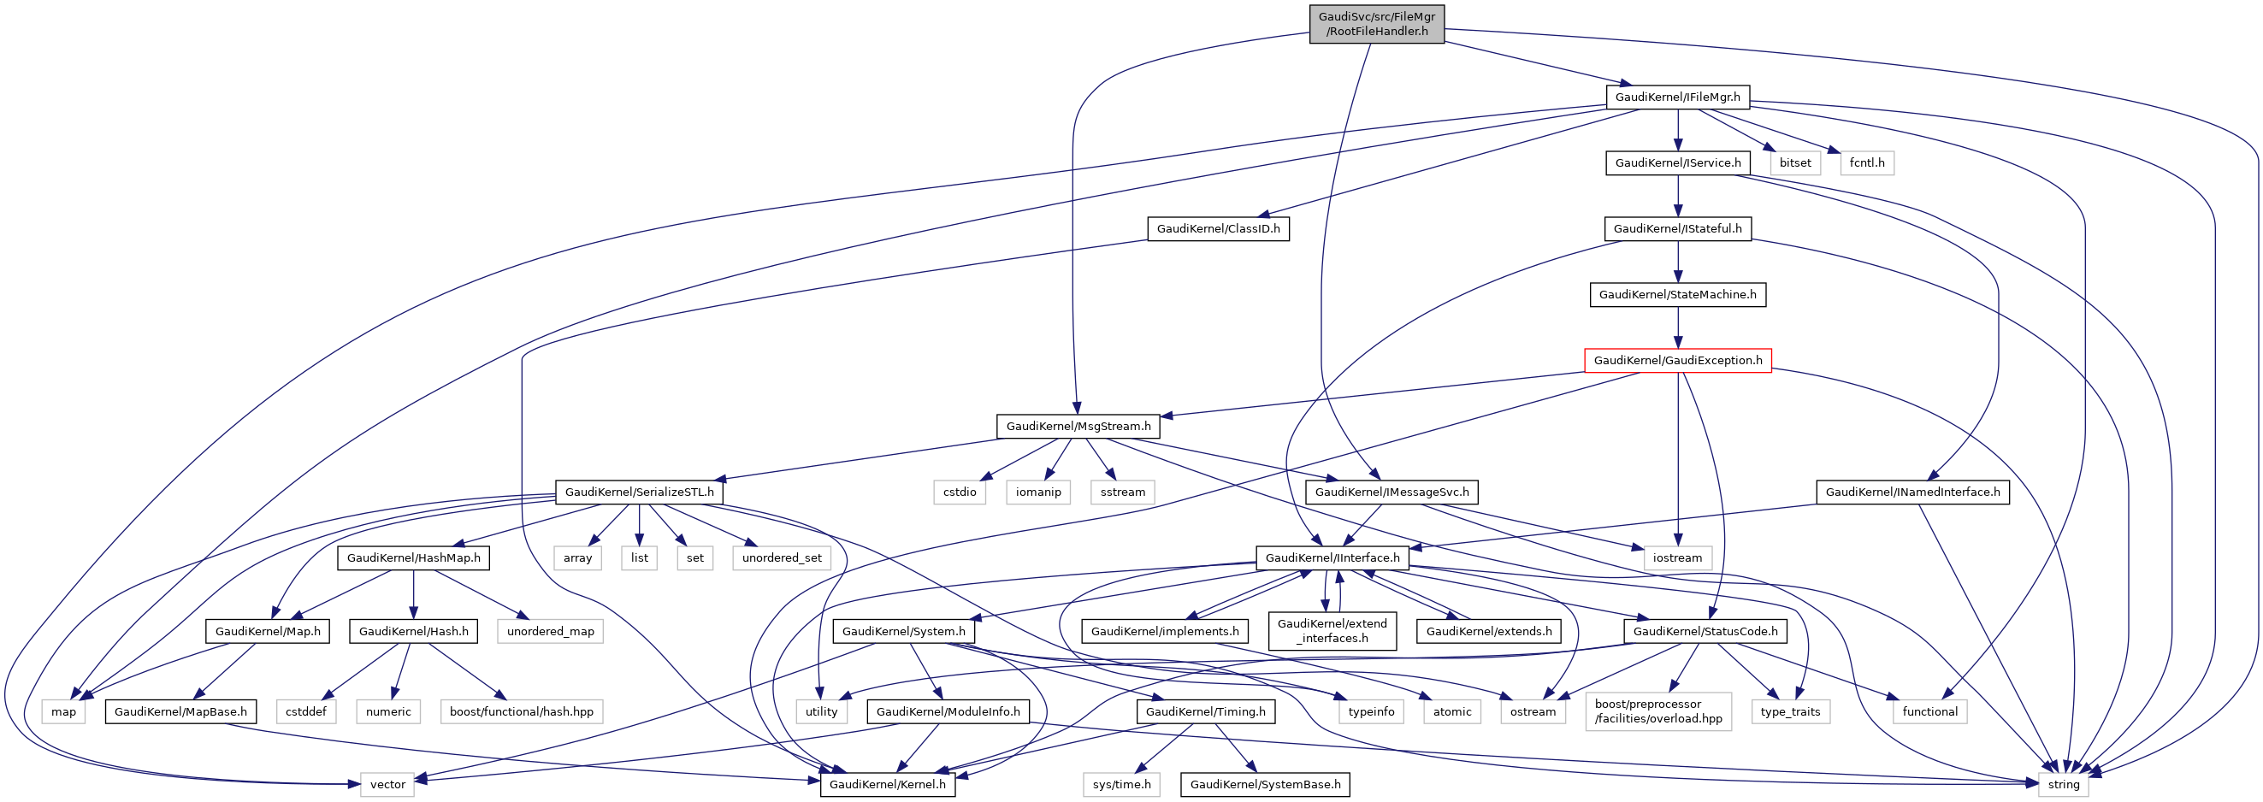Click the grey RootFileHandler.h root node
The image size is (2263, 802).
tap(1377, 24)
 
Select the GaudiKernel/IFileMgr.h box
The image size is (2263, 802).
tap(1677, 97)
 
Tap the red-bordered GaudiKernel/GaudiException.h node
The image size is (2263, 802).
tap(1677, 360)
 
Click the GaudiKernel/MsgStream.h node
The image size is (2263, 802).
tap(1078, 426)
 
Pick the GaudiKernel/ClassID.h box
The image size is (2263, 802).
tap(1218, 228)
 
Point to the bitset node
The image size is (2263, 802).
tap(1795, 162)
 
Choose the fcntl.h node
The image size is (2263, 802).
tap(1867, 162)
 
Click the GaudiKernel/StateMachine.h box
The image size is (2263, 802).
tap(1677, 294)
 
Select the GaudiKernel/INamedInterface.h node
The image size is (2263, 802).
tap(1912, 492)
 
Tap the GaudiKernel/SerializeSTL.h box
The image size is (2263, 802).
tap(640, 492)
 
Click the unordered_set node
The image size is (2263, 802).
tap(782, 557)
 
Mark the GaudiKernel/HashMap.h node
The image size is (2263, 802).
tap(414, 557)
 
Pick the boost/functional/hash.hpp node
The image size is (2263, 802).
tap(521, 711)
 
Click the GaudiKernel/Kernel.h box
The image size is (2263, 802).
tap(887, 784)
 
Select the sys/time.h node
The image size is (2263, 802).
tap(1122, 784)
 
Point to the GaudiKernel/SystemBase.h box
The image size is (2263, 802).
tap(1265, 784)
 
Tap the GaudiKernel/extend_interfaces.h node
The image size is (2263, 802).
tap(1332, 631)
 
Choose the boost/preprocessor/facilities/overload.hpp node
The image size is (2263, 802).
tap(1658, 711)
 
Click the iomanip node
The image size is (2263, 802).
tap(1038, 492)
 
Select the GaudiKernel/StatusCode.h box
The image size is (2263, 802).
tap(1705, 631)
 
